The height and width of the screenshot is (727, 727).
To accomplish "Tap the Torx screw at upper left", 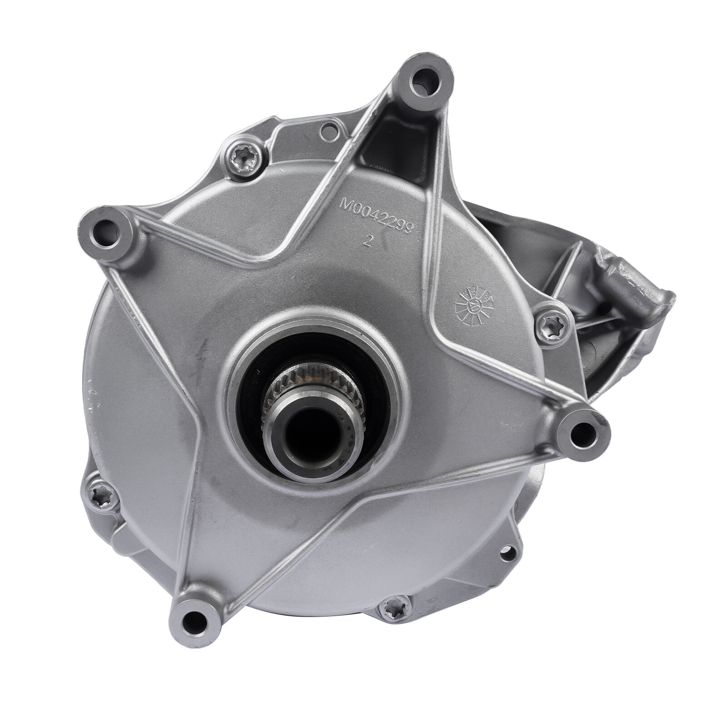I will (245, 159).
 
